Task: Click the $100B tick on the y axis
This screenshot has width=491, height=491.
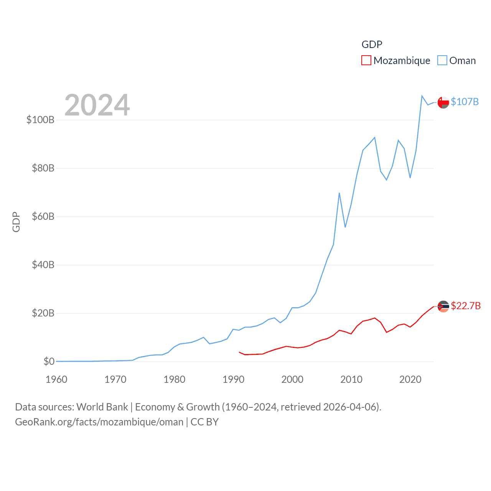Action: tap(40, 120)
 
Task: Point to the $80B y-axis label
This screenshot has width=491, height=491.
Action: tap(43, 168)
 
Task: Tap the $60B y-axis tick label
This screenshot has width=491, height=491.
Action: tap(43, 216)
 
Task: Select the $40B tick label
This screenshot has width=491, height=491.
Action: tap(43, 265)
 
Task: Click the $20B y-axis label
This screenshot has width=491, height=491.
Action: tap(43, 313)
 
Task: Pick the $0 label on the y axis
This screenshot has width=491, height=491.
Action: tap(49, 361)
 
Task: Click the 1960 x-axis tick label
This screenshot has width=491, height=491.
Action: tap(56, 379)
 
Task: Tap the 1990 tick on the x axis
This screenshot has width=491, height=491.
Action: tap(233, 379)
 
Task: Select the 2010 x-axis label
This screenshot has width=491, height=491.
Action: tap(351, 379)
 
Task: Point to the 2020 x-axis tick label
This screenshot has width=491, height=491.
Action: tap(410, 379)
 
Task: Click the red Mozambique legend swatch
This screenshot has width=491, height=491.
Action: tap(366, 61)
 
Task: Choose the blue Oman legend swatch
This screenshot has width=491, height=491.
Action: tap(442, 61)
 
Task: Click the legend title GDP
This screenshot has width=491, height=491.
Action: tap(372, 44)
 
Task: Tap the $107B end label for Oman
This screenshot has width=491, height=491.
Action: tap(465, 102)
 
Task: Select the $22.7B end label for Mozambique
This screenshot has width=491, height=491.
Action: tap(466, 306)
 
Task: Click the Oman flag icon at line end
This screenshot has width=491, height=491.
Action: tap(443, 102)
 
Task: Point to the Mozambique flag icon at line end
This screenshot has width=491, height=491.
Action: tap(443, 306)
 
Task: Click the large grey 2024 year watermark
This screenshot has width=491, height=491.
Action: tap(97, 105)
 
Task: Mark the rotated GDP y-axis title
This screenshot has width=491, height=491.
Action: tap(16, 222)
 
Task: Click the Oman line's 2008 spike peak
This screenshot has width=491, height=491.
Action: tap(339, 193)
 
